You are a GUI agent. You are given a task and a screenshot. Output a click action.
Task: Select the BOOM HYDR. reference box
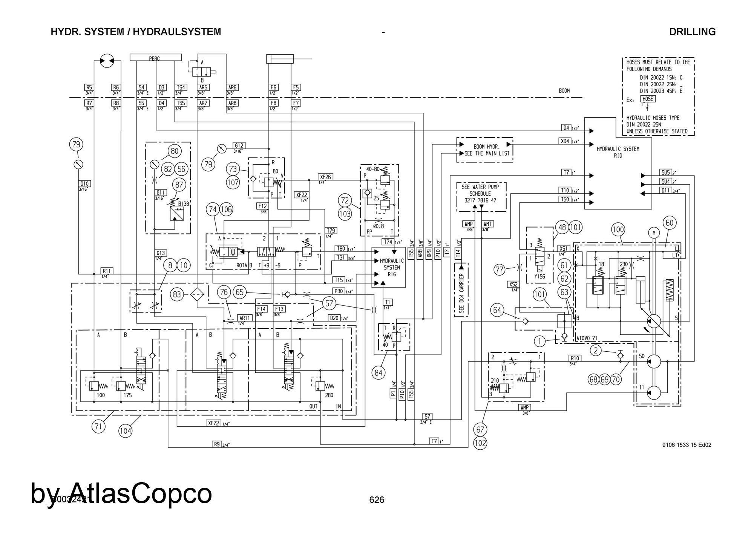(x=484, y=150)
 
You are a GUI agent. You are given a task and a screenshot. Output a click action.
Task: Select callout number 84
(x=379, y=373)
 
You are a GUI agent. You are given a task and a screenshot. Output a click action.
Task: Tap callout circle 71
(x=98, y=427)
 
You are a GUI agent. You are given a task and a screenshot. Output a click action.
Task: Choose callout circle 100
(x=618, y=229)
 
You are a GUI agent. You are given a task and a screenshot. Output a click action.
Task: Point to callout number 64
(x=497, y=310)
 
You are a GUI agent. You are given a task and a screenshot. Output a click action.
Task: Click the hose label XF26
(x=325, y=177)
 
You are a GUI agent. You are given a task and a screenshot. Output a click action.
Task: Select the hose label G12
(x=239, y=146)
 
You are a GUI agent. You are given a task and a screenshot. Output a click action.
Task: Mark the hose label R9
(x=217, y=444)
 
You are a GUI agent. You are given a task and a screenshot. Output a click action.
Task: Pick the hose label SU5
(x=666, y=172)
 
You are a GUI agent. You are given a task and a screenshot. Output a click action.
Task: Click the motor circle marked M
(x=654, y=233)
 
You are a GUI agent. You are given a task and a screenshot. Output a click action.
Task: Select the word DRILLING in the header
(x=692, y=32)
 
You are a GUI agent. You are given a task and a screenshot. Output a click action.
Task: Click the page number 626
(x=377, y=500)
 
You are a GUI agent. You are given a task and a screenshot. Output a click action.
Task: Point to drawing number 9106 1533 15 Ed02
(x=687, y=445)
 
